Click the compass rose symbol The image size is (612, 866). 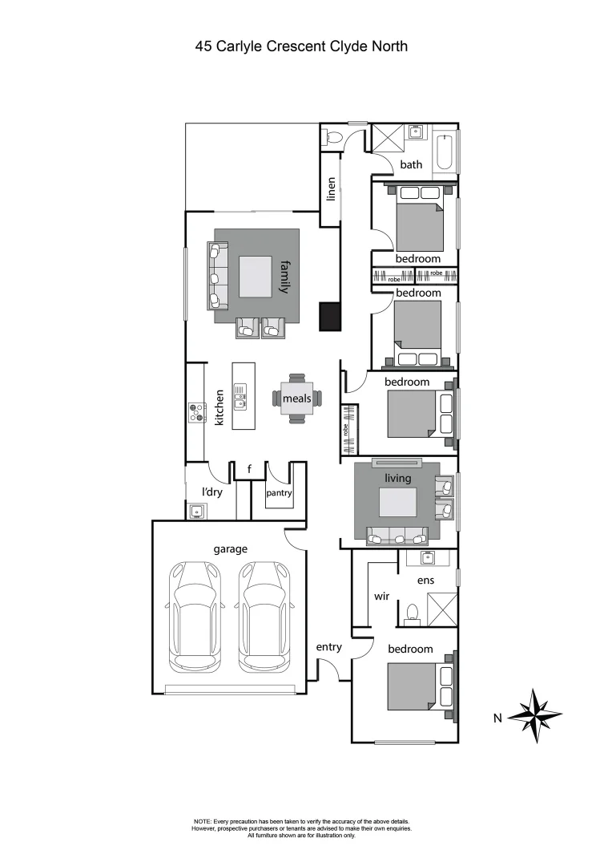click(x=536, y=715)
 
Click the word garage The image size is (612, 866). click(x=230, y=549)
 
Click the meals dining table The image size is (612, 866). click(x=296, y=398)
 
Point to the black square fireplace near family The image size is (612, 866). click(x=329, y=316)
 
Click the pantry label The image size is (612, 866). click(x=279, y=493)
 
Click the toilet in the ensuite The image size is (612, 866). click(x=413, y=613)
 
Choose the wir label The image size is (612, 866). click(x=381, y=597)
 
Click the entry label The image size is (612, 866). click(x=328, y=647)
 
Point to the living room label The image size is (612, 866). click(x=397, y=479)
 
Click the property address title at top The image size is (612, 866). click(x=301, y=47)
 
